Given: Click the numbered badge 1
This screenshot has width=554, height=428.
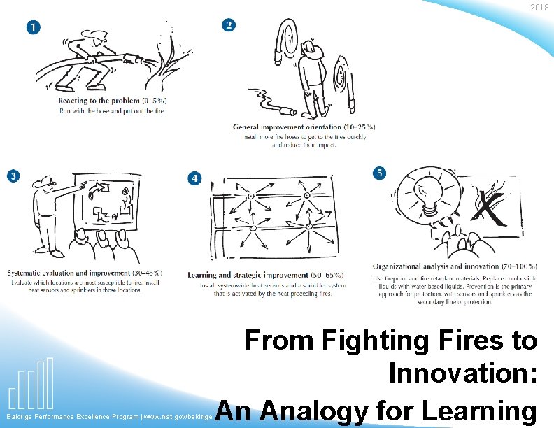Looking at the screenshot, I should [x=32, y=27].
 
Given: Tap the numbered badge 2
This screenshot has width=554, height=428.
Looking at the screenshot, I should [x=228, y=25].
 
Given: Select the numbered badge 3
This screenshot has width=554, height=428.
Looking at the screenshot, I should [x=13, y=176].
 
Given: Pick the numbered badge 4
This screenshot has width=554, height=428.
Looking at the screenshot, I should [x=194, y=178].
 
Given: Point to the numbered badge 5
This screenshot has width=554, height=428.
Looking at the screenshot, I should [x=378, y=172].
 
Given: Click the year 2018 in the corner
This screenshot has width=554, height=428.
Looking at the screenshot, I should [x=539, y=8].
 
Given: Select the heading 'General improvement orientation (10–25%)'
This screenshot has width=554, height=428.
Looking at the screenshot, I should [x=304, y=127].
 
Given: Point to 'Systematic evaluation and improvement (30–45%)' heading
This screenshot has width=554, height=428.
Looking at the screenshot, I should [x=85, y=273].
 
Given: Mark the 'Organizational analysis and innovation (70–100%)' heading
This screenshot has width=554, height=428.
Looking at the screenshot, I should [x=455, y=266].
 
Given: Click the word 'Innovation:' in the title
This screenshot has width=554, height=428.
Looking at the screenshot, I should [x=463, y=373].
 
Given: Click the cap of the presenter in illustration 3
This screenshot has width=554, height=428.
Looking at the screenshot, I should [x=43, y=183].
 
